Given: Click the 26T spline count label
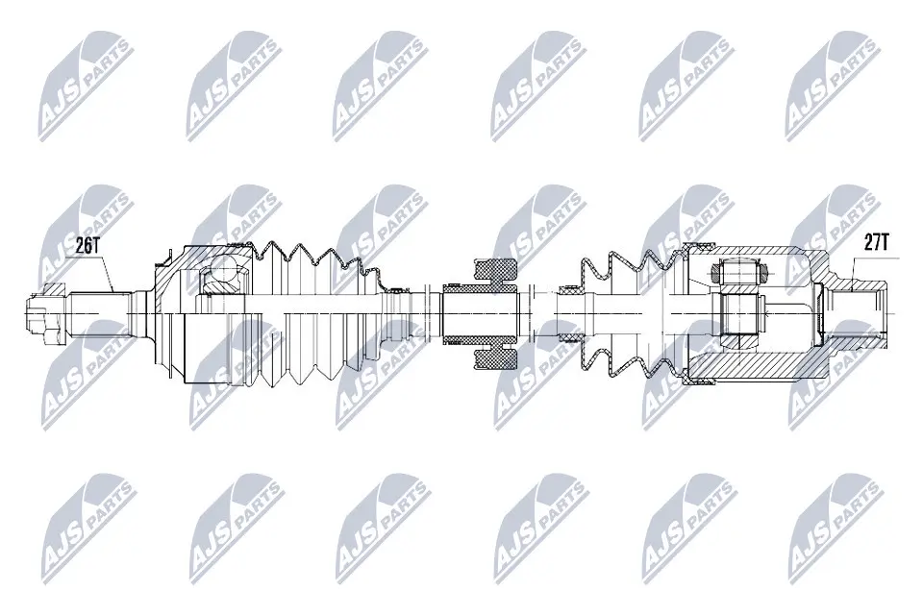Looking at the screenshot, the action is click(x=88, y=246).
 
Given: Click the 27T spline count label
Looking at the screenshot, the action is click(x=876, y=242).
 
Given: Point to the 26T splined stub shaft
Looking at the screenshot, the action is click(x=99, y=313).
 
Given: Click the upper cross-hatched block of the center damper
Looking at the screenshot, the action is click(x=496, y=272).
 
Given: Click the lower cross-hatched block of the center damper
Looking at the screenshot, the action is click(x=496, y=356).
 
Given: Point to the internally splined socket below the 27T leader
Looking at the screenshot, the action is click(x=857, y=313).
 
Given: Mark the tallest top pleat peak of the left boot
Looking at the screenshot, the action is click(x=271, y=242).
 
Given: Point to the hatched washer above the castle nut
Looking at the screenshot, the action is click(x=54, y=289).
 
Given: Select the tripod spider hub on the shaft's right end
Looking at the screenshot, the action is click(x=739, y=313).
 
